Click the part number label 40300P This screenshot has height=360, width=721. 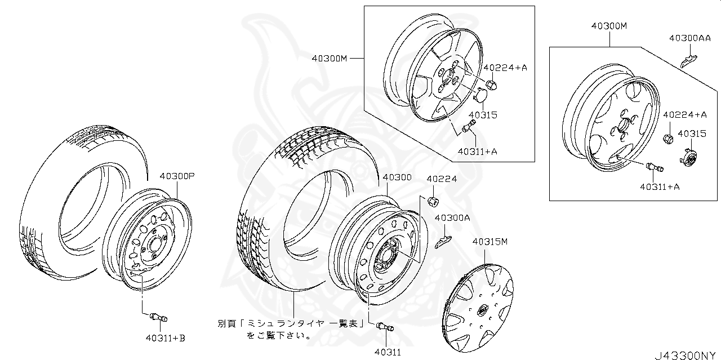pos(176,176)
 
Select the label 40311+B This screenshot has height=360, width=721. pos(164,338)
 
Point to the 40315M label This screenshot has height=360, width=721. pos(490,242)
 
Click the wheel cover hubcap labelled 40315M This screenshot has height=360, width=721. pos(479,310)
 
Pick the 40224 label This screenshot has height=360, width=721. pos(442,179)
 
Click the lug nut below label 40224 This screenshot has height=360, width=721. pos(434,201)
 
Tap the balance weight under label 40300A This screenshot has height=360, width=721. pos(443,241)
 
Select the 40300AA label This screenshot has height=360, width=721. pos(689,38)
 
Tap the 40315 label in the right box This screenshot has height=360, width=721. pos(692,134)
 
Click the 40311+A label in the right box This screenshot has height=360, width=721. pos(659,186)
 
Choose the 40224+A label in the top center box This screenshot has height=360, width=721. pos(505,68)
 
